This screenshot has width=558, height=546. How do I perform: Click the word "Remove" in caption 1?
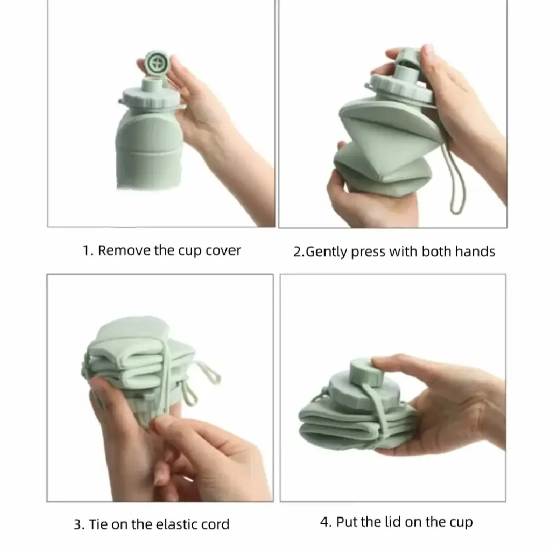tap(124, 250)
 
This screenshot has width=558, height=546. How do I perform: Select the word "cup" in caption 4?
tap(461, 523)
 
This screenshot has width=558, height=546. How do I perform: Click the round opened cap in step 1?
tap(157, 64)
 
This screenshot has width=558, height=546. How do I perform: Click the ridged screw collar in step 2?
tap(401, 88)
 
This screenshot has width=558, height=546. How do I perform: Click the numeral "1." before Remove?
tap(88, 251)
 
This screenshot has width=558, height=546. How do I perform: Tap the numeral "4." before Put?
tap(326, 523)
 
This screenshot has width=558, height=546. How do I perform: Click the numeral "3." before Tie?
tap(80, 525)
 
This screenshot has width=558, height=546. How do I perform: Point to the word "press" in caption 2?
tap(368, 253)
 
